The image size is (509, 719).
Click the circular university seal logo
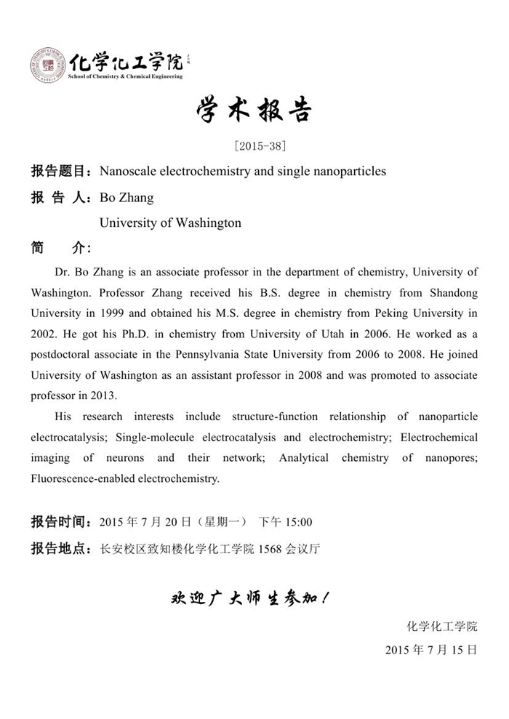[x=48, y=65]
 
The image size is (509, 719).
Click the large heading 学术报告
[x=254, y=111]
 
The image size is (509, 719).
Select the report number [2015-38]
[x=254, y=145]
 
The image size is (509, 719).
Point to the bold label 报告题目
[x=60, y=172]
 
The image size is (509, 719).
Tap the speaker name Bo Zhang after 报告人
[x=127, y=197]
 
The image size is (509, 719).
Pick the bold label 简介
[x=60, y=248]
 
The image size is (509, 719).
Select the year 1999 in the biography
[x=130, y=313]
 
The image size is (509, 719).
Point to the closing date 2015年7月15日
[x=431, y=649]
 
